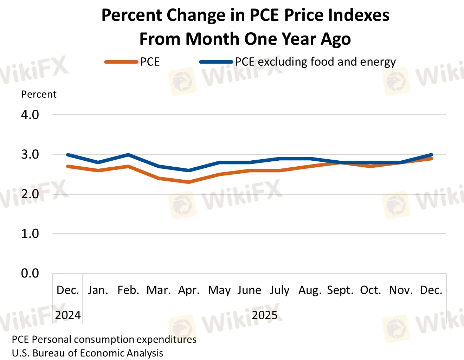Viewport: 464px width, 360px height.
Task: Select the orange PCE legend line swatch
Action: tap(121, 62)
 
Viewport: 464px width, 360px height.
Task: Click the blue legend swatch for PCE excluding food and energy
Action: tap(216, 62)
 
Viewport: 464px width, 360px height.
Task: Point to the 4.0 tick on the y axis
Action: tap(30, 115)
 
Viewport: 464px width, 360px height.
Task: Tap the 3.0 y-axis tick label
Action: tap(30, 154)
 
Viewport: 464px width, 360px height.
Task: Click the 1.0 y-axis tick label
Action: tap(30, 233)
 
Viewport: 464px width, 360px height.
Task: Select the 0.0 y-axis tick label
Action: tap(30, 273)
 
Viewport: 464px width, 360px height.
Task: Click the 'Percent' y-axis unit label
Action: tap(39, 94)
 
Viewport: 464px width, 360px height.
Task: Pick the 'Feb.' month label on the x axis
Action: tap(128, 290)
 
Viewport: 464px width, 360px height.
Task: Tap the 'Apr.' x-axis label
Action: tap(189, 290)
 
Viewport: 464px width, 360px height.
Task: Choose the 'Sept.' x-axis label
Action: tap(340, 290)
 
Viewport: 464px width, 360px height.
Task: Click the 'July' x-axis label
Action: tap(279, 290)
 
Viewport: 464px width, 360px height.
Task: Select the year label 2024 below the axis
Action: tap(68, 315)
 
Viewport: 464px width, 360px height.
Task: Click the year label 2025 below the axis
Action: tap(265, 315)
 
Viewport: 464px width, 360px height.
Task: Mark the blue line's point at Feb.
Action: tap(128, 155)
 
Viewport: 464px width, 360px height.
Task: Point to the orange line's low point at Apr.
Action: tap(189, 182)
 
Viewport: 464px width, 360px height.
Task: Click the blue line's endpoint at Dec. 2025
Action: tap(431, 155)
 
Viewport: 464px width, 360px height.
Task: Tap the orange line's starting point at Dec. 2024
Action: tap(68, 166)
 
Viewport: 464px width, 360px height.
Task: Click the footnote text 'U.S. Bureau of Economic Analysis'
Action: tap(88, 353)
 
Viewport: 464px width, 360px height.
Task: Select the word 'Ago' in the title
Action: tap(336, 39)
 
